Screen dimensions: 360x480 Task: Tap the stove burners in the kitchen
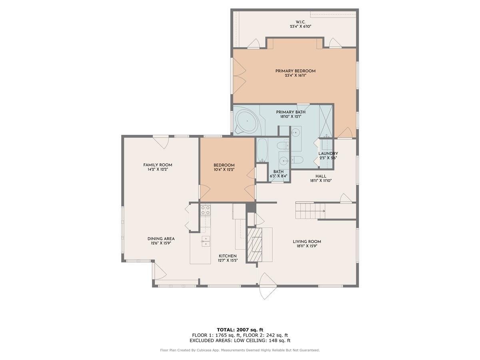[x=205, y=210]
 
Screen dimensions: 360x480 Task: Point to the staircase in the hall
[x=310, y=210]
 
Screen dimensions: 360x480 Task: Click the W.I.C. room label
[x=300, y=22]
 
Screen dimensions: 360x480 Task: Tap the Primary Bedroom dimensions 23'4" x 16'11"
[x=295, y=75]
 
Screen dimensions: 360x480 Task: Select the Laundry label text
[x=328, y=154]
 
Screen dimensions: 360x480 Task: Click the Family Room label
[x=158, y=165]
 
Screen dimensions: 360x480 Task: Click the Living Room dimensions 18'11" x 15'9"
[x=307, y=246]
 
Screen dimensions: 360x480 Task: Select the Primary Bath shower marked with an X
[x=326, y=120]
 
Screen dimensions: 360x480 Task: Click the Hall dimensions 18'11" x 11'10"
[x=321, y=180]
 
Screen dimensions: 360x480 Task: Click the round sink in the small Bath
[x=284, y=161]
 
